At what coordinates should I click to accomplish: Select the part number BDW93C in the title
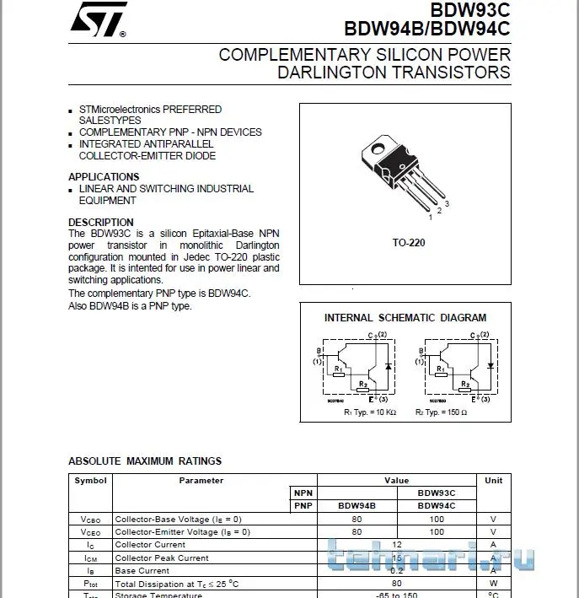coord(470,11)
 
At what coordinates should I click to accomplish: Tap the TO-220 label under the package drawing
coord(409,243)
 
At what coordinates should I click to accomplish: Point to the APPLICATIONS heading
coord(104,177)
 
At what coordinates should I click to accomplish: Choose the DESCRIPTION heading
coord(100,223)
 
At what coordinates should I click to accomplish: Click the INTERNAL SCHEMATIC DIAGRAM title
coord(405,318)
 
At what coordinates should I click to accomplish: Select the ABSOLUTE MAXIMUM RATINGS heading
coord(145,461)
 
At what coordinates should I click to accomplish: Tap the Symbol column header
coord(90,481)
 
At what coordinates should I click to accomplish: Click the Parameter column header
coord(201,481)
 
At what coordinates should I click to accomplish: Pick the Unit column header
coord(493,481)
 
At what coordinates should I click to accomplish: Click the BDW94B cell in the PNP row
coord(357,506)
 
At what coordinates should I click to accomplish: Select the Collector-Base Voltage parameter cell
coord(178,520)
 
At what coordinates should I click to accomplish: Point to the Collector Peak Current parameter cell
coord(162,558)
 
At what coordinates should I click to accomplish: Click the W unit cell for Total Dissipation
coord(493,584)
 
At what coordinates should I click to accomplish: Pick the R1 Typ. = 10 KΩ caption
coord(369,412)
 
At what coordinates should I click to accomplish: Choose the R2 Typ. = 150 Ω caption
coord(441,412)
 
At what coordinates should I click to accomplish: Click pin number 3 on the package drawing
coord(447,204)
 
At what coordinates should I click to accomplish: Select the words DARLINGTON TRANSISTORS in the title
coord(394,73)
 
